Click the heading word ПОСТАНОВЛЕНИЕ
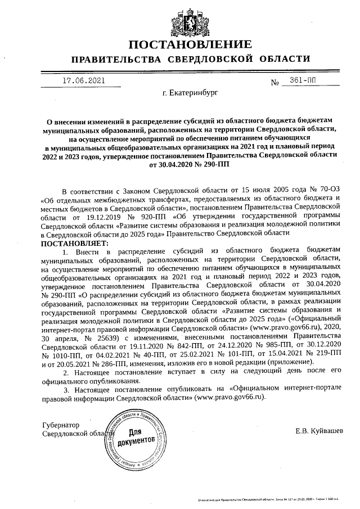[x=190, y=44]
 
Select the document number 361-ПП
[x=303, y=81]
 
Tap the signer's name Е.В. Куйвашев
[x=318, y=431]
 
